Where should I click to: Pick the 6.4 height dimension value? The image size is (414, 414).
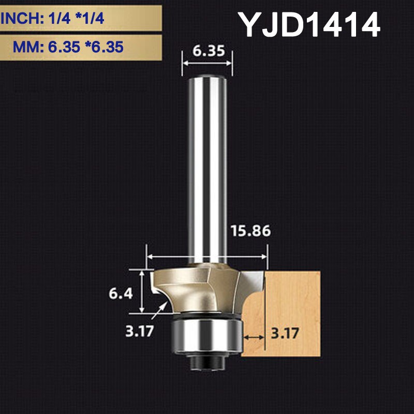[121, 293]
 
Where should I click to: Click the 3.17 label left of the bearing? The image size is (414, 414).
[139, 331]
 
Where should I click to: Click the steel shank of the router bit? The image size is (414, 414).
[207, 166]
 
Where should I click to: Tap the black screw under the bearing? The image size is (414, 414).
[207, 363]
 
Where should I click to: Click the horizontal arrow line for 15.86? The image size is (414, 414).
[207, 256]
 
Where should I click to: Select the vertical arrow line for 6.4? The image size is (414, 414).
[141, 291]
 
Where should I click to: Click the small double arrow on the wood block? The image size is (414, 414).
[254, 337]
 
